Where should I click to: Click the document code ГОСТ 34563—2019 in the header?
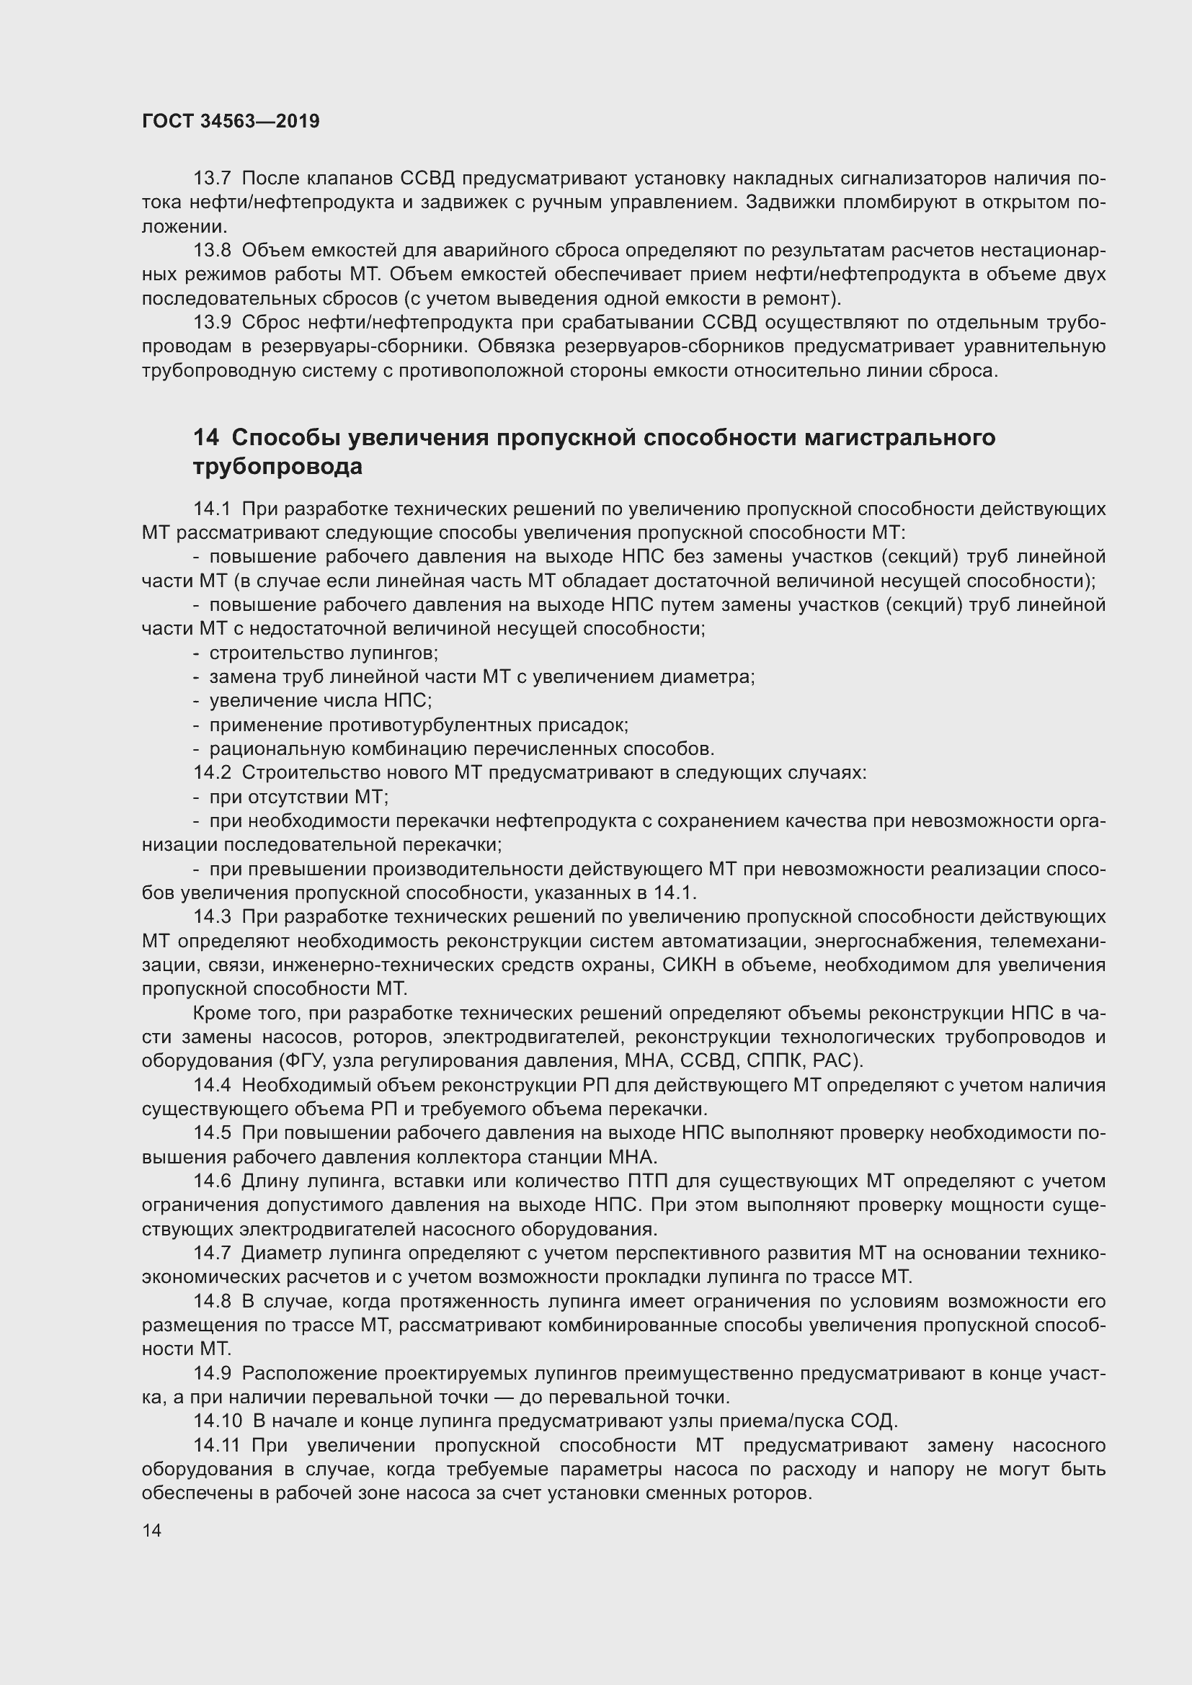(231, 122)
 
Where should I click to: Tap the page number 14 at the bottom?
(151, 1530)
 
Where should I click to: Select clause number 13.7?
(211, 179)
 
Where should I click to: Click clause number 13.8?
(211, 250)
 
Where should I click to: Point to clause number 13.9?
(211, 322)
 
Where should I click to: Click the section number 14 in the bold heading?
(205, 437)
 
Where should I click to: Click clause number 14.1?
(211, 509)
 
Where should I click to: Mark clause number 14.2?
(211, 772)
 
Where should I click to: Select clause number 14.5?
(211, 1132)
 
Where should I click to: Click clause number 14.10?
(216, 1421)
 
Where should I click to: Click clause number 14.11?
(216, 1445)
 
